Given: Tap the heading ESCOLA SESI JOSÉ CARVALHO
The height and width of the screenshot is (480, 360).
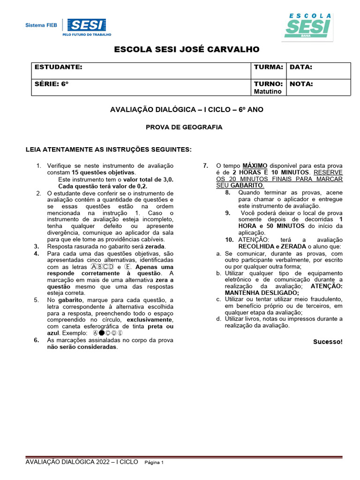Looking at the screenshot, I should (187, 50).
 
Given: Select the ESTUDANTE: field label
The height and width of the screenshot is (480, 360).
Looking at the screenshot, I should (59, 67).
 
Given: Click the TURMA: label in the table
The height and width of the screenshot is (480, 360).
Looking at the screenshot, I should (268, 67).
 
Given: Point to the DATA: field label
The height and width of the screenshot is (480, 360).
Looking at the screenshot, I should (301, 67).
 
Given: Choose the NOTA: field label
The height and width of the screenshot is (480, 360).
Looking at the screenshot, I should (301, 84).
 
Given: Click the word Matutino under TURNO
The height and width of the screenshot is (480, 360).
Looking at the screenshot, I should (268, 91).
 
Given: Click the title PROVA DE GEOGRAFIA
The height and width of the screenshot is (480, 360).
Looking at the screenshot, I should (184, 127).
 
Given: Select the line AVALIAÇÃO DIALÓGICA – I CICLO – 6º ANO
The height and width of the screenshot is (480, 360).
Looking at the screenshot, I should (187, 110).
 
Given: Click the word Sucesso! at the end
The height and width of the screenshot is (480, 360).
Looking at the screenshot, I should (328, 342).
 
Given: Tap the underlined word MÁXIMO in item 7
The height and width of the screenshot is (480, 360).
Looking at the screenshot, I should (255, 166).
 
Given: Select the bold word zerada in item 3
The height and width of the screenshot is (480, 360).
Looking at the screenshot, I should (155, 246).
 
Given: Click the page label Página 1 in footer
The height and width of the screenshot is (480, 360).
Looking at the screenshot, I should (154, 463).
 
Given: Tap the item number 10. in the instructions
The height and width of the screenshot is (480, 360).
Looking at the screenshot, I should (229, 240).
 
